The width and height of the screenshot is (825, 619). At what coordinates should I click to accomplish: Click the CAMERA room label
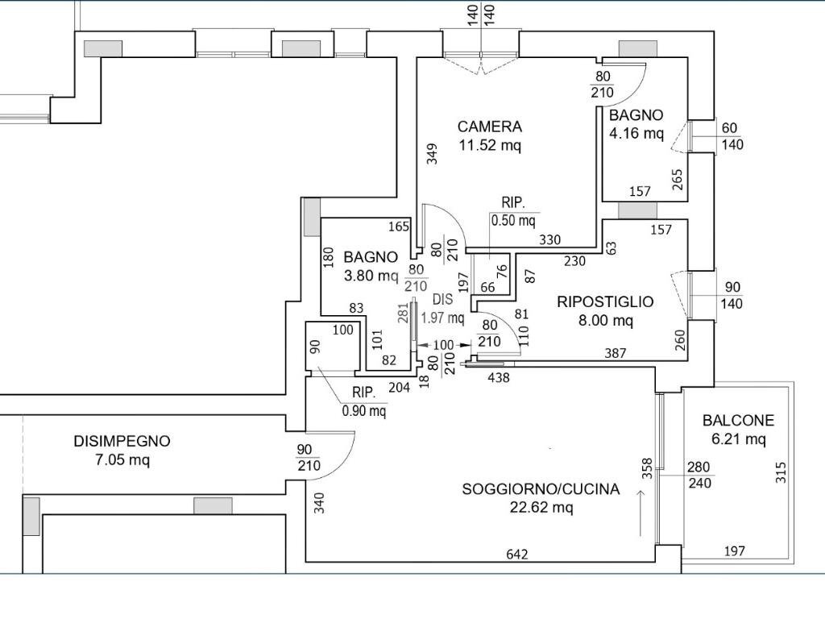(x=489, y=127)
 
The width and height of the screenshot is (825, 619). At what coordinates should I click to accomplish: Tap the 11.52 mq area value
(x=490, y=145)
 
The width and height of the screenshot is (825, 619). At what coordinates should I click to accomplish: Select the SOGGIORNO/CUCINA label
(x=541, y=489)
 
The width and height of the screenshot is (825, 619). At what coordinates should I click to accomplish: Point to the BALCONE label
(x=738, y=420)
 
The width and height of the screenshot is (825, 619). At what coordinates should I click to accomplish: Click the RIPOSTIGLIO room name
(x=605, y=301)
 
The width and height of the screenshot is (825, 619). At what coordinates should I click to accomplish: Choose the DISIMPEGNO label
(x=122, y=441)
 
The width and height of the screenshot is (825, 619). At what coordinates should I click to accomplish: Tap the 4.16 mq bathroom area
(x=636, y=133)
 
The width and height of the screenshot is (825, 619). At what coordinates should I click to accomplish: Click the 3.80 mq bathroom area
(x=371, y=276)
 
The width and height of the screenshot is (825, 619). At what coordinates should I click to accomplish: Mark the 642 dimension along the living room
(x=516, y=554)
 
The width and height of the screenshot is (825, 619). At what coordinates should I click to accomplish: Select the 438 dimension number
(x=498, y=377)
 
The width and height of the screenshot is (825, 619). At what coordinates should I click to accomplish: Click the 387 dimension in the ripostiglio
(x=615, y=353)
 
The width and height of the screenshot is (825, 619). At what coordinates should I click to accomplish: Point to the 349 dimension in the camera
(x=432, y=154)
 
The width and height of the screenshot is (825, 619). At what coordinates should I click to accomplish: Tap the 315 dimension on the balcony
(x=781, y=472)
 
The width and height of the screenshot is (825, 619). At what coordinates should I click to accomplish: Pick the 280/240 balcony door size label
(x=699, y=475)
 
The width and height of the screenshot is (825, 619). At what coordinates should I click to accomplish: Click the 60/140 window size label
(x=732, y=136)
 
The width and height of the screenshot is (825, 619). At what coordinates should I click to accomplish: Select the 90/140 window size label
(x=732, y=295)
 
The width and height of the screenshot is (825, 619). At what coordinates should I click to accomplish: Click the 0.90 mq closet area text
(x=364, y=410)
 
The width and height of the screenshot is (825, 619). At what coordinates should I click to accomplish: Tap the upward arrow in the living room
(x=641, y=513)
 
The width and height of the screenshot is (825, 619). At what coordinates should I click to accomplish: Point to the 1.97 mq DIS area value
(x=442, y=318)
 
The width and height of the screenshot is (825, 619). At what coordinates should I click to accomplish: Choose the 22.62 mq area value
(x=541, y=508)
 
